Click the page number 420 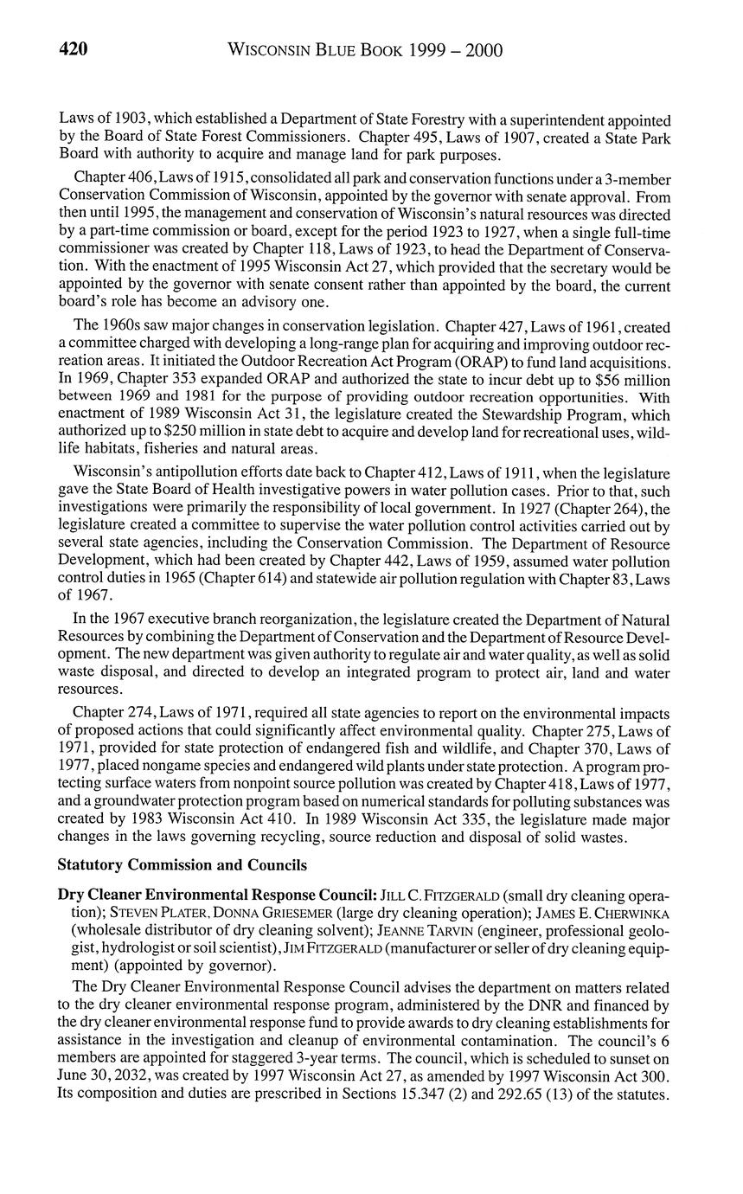tap(73, 50)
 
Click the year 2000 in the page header tap(482, 50)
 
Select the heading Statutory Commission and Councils tap(182, 865)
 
